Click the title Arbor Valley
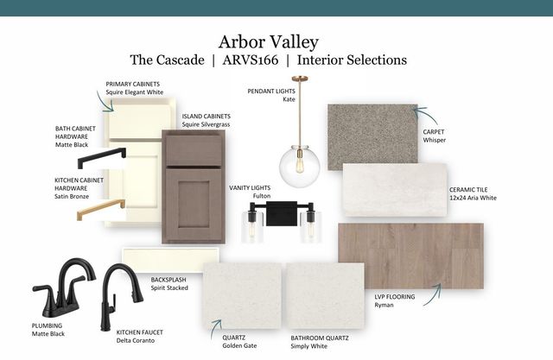click(x=269, y=42)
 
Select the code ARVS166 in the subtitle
click(x=251, y=60)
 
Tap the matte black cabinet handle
click(x=102, y=158)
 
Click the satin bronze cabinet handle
click(x=101, y=209)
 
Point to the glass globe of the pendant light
click(x=300, y=167)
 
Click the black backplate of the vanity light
click(x=282, y=213)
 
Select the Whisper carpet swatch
click(x=372, y=136)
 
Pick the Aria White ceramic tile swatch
click(x=395, y=190)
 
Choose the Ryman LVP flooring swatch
click(x=411, y=256)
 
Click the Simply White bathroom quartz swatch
click(x=325, y=296)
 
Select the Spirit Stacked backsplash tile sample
click(x=170, y=260)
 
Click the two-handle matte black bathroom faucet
click(x=63, y=287)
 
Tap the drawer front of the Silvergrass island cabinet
click(x=194, y=150)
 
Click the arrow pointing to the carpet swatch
click(x=425, y=115)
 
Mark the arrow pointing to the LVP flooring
click(x=434, y=296)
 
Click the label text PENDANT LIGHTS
click(x=271, y=92)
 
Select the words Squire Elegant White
click(x=135, y=92)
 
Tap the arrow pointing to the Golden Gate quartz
click(x=214, y=328)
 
